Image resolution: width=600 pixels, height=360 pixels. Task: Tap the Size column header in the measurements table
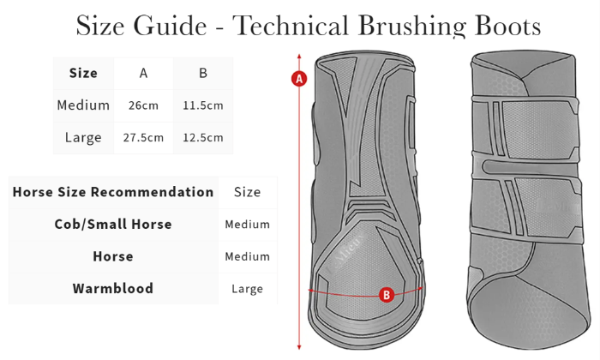coord(83,73)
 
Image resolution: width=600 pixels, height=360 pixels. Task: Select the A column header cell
coord(143,73)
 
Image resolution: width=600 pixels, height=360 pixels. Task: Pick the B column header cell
coord(203,73)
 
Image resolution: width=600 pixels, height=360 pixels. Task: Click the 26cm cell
coord(143,105)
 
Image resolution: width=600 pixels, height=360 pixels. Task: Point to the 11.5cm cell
coord(203,105)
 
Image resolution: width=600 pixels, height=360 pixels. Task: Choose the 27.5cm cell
coord(143,137)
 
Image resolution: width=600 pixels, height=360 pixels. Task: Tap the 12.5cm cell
coord(203,137)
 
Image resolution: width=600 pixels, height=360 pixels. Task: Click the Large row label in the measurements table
coord(83,137)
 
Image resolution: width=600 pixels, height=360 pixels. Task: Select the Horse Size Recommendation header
coord(113,192)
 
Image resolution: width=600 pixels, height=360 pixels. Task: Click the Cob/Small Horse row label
coord(113,224)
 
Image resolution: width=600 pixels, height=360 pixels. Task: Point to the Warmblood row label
coord(113,288)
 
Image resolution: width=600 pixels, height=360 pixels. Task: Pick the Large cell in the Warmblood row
coord(248,289)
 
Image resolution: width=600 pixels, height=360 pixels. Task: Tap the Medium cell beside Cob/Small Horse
coord(248,225)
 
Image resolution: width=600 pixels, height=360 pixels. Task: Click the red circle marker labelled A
coord(299,79)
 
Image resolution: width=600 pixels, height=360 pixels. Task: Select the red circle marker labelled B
coord(387,295)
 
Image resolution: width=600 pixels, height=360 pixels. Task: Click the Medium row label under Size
coord(83,105)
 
